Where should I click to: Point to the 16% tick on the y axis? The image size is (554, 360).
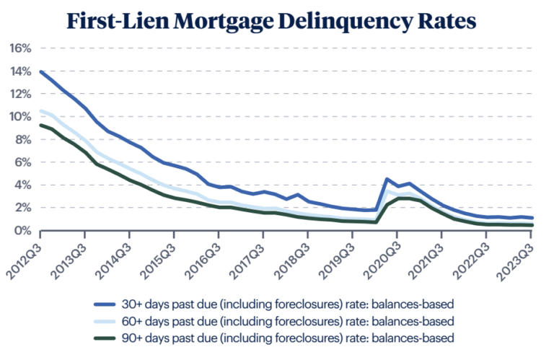click(19, 48)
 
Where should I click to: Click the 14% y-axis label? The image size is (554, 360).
click(19, 71)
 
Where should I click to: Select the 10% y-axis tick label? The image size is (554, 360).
click(19, 117)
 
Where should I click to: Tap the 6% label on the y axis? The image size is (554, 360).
click(22, 162)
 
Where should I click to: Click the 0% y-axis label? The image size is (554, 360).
click(22, 230)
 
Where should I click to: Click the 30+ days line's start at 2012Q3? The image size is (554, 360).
click(40, 71)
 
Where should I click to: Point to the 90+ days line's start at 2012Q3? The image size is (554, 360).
click(40, 125)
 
